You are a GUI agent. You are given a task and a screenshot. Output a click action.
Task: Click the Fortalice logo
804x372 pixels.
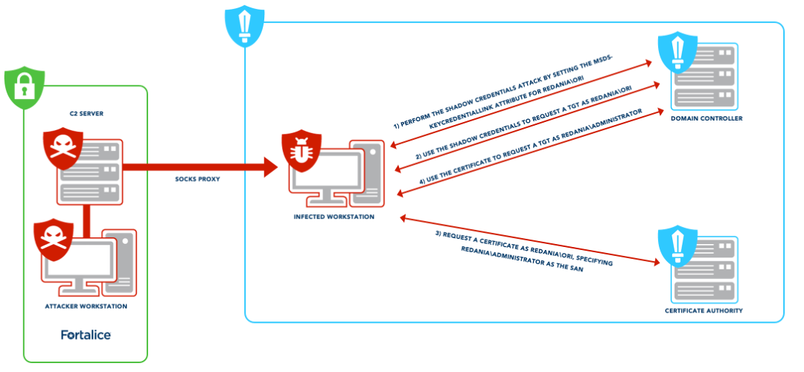pyautogui.click(x=86, y=335)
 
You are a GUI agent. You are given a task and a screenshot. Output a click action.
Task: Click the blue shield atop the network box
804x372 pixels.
pyautogui.click(x=241, y=24)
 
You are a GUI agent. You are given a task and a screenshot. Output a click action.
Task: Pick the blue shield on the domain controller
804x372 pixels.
pyautogui.click(x=677, y=53)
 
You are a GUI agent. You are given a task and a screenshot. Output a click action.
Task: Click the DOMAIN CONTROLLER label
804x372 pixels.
pyautogui.click(x=706, y=118)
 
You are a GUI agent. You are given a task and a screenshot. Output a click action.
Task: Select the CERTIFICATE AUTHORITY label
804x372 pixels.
pyautogui.click(x=704, y=310)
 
